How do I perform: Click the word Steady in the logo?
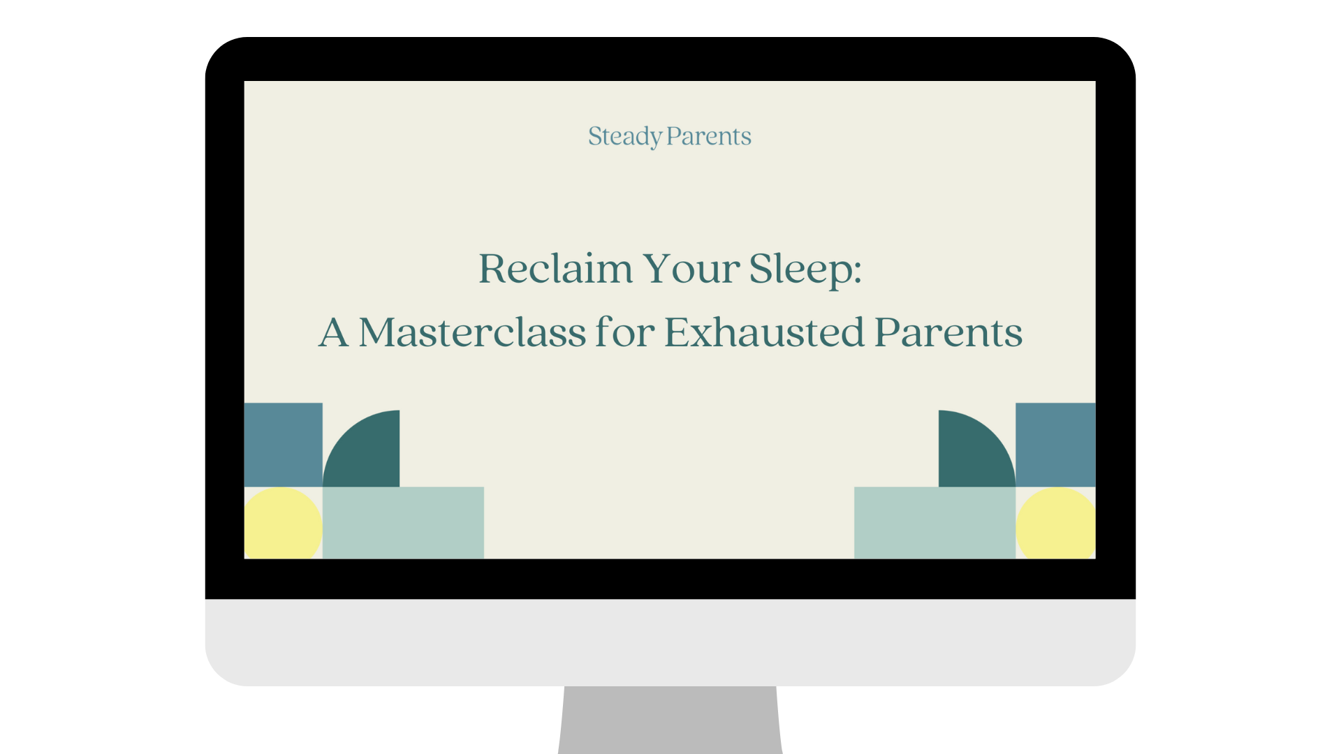pyautogui.click(x=624, y=136)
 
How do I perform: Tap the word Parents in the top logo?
pyautogui.click(x=709, y=136)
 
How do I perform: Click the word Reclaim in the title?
pyautogui.click(x=555, y=269)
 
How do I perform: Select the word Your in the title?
pyautogui.click(x=691, y=269)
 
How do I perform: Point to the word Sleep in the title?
pyautogui.click(x=800, y=269)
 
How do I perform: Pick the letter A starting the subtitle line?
pyautogui.click(x=334, y=332)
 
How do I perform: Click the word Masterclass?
pyautogui.click(x=472, y=332)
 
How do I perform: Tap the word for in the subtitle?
pyautogui.click(x=625, y=332)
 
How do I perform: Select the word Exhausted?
pyautogui.click(x=764, y=332)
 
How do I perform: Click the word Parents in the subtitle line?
pyautogui.click(x=948, y=332)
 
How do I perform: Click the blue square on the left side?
pyautogui.click(x=283, y=444)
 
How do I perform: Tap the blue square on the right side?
pyautogui.click(x=1055, y=444)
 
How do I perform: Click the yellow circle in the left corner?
pyautogui.click(x=281, y=524)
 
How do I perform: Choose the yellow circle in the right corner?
pyautogui.click(x=1056, y=524)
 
